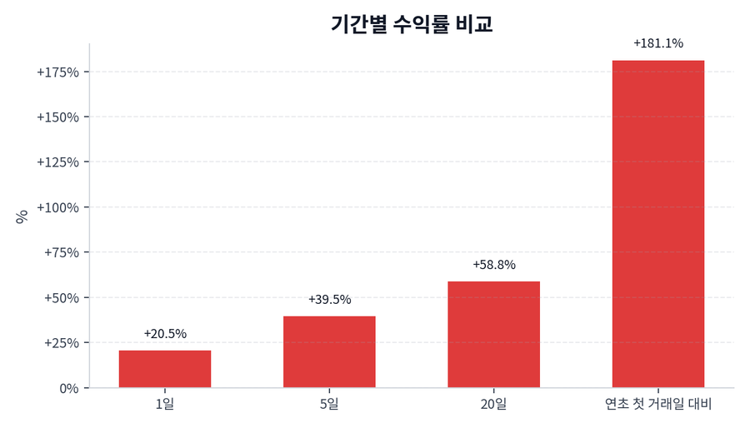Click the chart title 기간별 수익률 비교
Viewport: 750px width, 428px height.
point(412,24)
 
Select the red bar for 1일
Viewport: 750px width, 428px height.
point(165,369)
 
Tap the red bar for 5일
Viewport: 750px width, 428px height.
point(329,352)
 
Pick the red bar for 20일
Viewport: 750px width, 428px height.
point(493,335)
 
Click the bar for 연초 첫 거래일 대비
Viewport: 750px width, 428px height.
point(657,224)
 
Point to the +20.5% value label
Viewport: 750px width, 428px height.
point(165,334)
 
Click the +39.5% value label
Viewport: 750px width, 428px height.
point(329,300)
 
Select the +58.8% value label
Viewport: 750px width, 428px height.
point(493,265)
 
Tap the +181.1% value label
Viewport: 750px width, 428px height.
point(657,43)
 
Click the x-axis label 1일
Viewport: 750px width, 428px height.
point(165,405)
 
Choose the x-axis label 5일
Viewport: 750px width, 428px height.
point(329,405)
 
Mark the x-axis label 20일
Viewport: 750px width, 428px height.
point(493,405)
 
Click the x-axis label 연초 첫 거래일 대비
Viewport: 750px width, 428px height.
point(657,405)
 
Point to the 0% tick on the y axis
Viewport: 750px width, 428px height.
point(68,388)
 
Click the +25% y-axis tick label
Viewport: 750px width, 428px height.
point(61,343)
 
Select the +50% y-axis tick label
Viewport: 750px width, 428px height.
point(61,298)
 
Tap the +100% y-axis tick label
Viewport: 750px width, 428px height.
point(57,207)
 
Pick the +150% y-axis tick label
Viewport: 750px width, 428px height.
point(57,117)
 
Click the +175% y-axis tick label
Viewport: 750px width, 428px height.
point(57,72)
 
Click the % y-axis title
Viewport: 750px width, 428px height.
point(22,216)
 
